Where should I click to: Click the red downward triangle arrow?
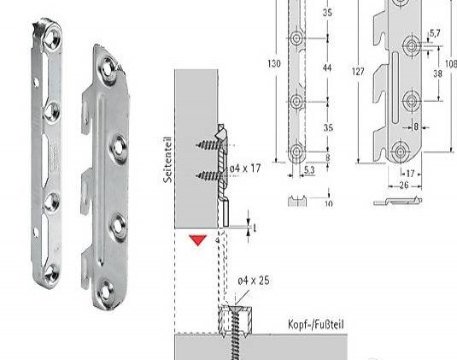(198, 240)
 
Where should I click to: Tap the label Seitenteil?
(167, 160)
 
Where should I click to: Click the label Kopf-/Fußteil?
(316, 324)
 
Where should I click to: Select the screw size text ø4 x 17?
(245, 168)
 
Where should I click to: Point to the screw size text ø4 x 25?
(254, 280)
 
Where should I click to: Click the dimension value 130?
(274, 63)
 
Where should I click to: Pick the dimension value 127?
(358, 72)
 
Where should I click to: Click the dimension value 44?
(328, 68)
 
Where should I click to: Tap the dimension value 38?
(437, 74)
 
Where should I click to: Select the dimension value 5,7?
(434, 34)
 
